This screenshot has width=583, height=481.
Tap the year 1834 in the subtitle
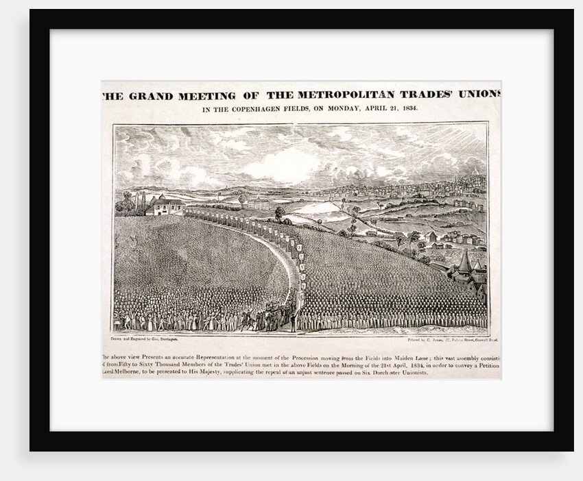tap(406, 108)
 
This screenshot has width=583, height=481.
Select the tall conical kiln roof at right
tap(464, 261)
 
